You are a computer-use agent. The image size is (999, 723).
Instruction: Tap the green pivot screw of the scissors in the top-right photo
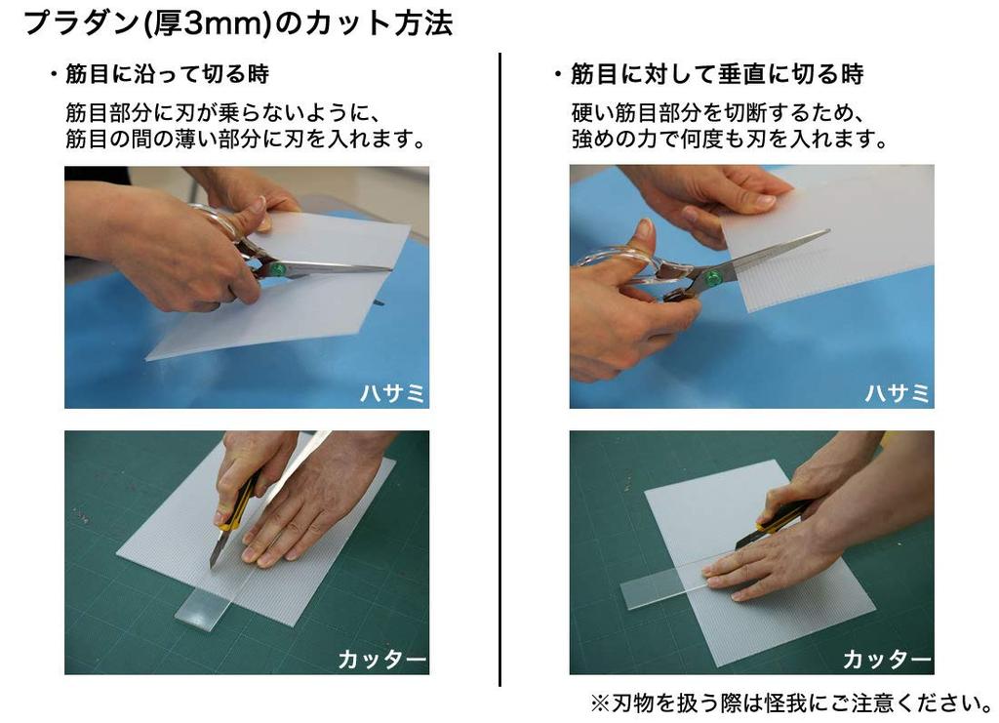tap(714, 278)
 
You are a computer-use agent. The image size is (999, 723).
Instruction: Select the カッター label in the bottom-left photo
tap(381, 660)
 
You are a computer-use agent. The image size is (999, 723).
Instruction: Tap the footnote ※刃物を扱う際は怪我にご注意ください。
tap(791, 702)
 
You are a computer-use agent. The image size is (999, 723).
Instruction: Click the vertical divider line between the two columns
tap(499, 371)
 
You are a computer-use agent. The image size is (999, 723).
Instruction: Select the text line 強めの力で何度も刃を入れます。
tap(729, 139)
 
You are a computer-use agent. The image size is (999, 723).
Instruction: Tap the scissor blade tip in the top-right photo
tap(825, 232)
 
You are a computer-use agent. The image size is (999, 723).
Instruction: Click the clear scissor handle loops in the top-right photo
tap(624, 263)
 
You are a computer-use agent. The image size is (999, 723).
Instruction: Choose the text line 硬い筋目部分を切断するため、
tap(719, 110)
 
